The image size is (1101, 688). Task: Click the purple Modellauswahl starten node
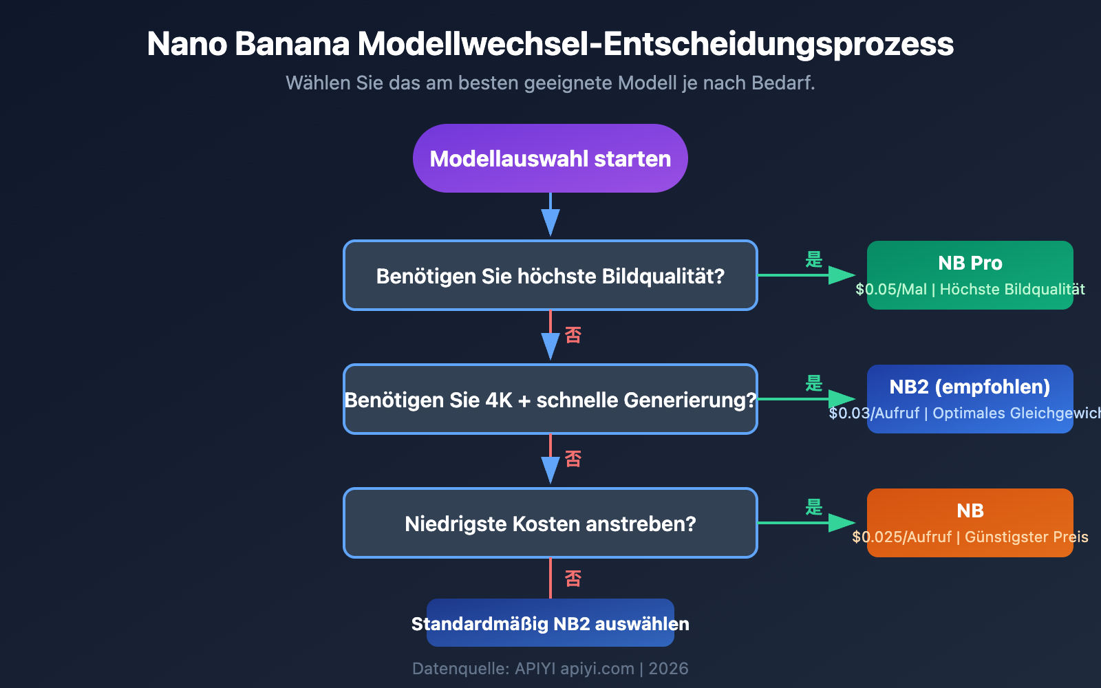tap(550, 158)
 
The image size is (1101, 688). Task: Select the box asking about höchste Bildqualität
tap(550, 275)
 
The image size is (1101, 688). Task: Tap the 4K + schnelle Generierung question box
tap(550, 399)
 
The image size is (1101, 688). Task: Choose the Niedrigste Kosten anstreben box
tap(550, 523)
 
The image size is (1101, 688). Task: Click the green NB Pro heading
tap(970, 263)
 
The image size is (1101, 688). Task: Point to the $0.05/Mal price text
tap(891, 290)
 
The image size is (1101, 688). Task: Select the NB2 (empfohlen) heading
tap(970, 387)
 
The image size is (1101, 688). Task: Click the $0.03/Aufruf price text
tap(875, 413)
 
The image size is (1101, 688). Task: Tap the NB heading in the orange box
tap(970, 510)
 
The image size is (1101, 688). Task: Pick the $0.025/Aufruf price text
tap(902, 537)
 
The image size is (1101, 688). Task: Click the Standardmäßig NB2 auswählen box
tap(550, 623)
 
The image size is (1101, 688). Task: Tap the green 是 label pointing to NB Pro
tap(814, 260)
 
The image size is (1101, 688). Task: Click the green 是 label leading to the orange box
tap(814, 508)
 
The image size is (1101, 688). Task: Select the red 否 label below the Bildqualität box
tap(573, 335)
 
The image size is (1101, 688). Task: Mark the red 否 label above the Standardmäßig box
tap(573, 579)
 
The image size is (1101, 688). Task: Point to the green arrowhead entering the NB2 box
tap(842, 399)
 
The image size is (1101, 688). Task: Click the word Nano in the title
tap(186, 44)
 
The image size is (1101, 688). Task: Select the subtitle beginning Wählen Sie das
tap(550, 83)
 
